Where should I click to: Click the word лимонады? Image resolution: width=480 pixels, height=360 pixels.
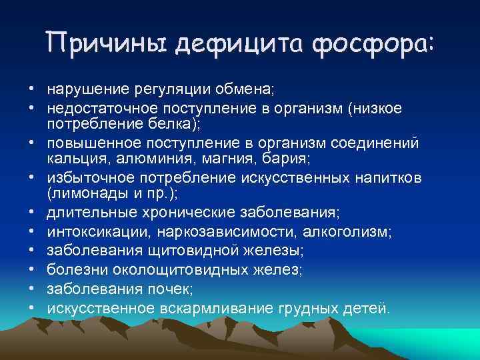(x=84, y=197)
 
